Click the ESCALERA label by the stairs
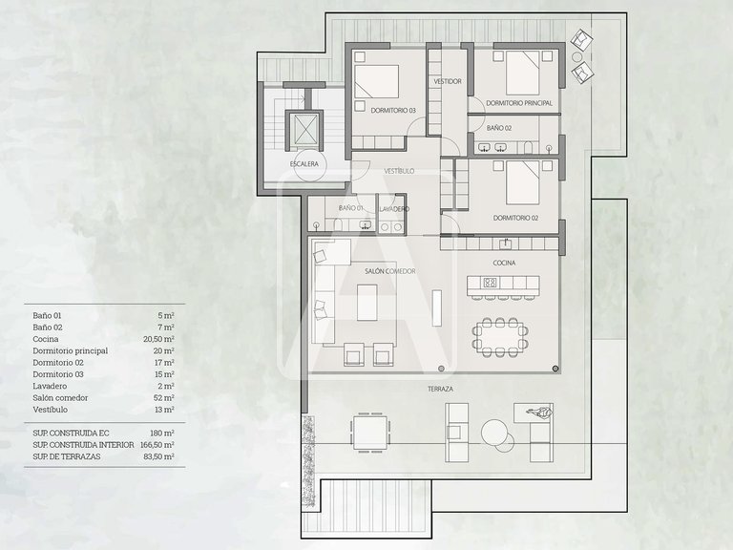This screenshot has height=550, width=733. coord(304,163)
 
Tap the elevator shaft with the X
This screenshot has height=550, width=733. coord(304,129)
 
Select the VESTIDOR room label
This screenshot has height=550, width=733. coord(448,81)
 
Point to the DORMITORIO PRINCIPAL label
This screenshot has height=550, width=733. coord(519,103)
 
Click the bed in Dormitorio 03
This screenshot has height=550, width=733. coord(376,81)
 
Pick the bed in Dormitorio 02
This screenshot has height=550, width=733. coord(523,182)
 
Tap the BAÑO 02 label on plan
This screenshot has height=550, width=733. coord(499,128)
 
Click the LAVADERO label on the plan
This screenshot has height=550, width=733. coord(394,209)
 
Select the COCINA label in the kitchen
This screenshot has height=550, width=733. coord(504,263)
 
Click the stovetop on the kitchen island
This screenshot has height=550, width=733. coord(490,282)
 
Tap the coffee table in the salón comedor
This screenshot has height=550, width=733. coord(366,302)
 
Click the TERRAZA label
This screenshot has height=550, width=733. coord(440,389)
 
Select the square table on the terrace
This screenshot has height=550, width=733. coord(370,433)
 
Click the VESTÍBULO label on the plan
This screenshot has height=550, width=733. coord(399,171)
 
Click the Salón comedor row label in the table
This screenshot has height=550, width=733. coord(60,397)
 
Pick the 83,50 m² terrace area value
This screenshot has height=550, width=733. coord(158,456)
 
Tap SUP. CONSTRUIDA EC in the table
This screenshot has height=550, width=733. coord(71,434)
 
